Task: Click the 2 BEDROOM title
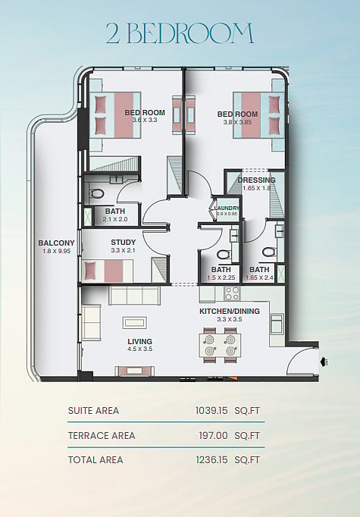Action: pyautogui.click(x=180, y=33)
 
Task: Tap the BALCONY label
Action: pyautogui.click(x=56, y=243)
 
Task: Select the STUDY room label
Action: pyautogui.click(x=124, y=243)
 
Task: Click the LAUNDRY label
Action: pyautogui.click(x=227, y=208)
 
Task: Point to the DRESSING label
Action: pyautogui.click(x=256, y=180)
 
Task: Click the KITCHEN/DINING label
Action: pyautogui.click(x=230, y=311)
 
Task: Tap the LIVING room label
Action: pyautogui.click(x=139, y=341)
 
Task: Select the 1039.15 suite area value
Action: pyautogui.click(x=211, y=411)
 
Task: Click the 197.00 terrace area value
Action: pyautogui.click(x=213, y=436)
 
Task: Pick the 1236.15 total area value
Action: pyautogui.click(x=211, y=460)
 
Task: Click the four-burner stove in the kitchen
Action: pyautogui.click(x=232, y=293)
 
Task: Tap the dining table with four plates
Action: pyautogui.click(x=220, y=345)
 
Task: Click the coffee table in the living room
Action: pyautogui.click(x=135, y=322)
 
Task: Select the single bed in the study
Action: pyautogui.click(x=108, y=271)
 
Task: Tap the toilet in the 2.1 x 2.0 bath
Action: pyautogui.click(x=97, y=193)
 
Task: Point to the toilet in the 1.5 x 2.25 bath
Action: pyautogui.click(x=224, y=255)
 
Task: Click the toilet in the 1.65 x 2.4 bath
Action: pyautogui.click(x=269, y=252)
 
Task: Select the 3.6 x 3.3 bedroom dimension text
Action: pyautogui.click(x=145, y=120)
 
